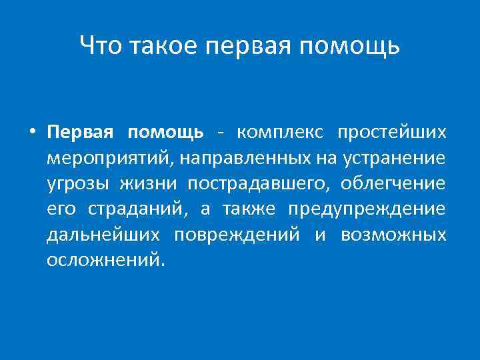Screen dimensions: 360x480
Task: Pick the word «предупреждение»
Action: [x=366, y=209]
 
